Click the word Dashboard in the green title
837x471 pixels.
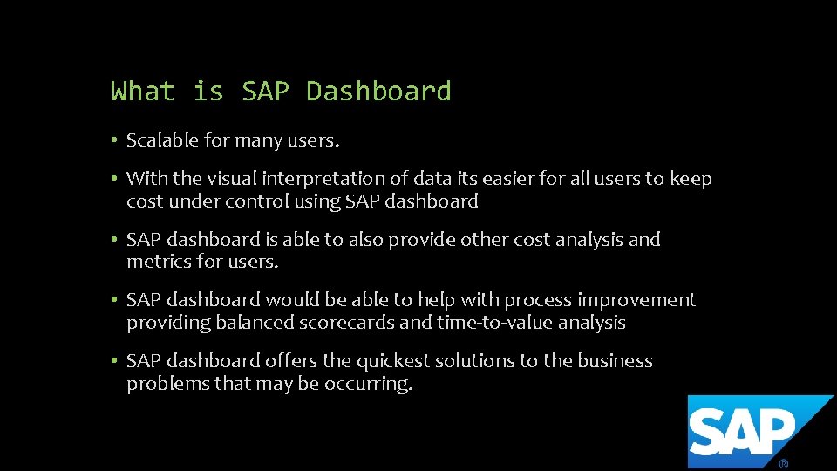point(378,91)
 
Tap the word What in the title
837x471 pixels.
point(143,91)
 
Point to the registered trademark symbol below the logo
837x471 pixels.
point(784,464)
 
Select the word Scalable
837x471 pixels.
point(161,140)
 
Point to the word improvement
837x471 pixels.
point(636,300)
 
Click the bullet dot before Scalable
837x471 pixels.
point(114,140)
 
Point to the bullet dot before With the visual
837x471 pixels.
point(114,179)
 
